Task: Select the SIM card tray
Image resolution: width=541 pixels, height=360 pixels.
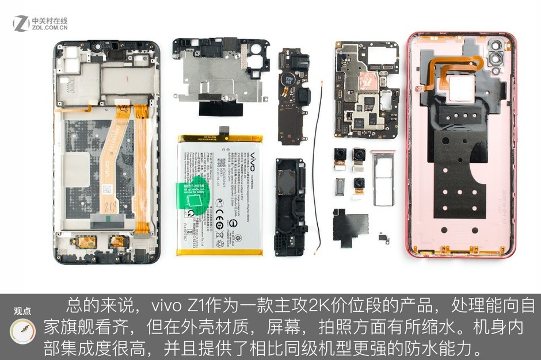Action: [x=382, y=178]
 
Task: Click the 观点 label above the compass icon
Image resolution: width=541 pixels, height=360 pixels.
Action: [x=22, y=312]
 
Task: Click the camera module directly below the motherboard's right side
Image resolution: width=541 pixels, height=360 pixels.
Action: [x=360, y=156]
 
